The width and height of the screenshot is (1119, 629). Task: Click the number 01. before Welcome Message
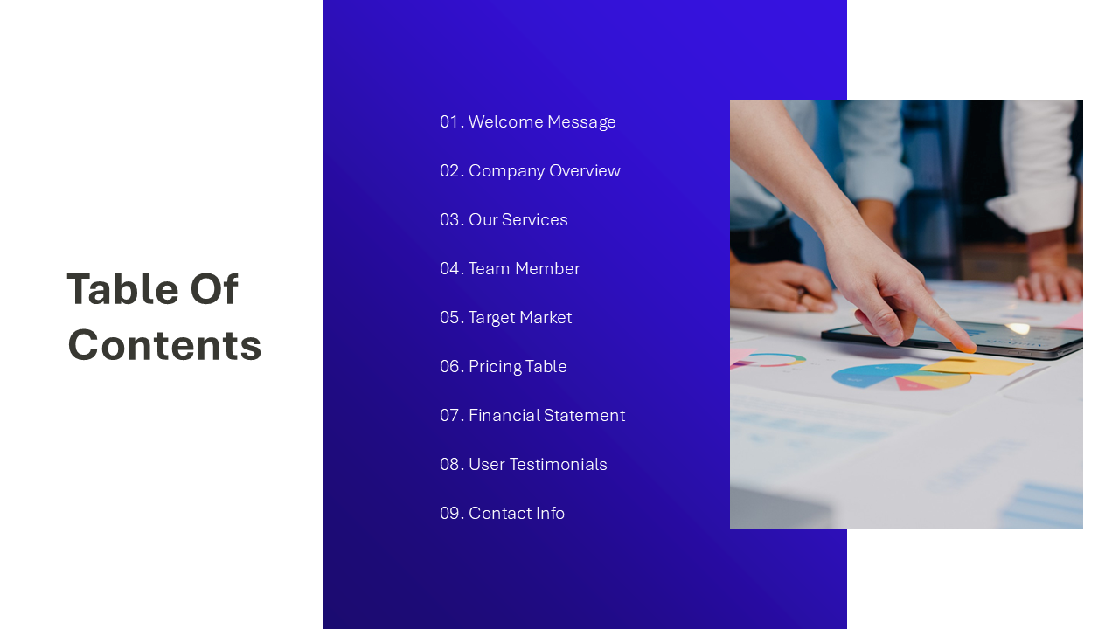point(451,122)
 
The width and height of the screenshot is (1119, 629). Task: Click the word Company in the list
point(502,171)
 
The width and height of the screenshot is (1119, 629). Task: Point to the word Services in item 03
point(534,220)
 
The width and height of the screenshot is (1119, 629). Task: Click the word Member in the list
point(546,269)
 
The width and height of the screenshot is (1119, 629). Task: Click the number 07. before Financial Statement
point(452,416)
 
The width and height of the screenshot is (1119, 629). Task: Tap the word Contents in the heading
point(164,345)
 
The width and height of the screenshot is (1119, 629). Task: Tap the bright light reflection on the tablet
point(1018,328)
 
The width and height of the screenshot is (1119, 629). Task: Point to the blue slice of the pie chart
point(861,376)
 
